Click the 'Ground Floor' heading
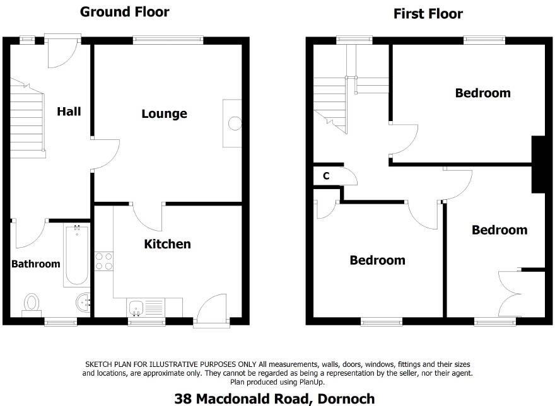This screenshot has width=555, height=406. pyautogui.click(x=124, y=12)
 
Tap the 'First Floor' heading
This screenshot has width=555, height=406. pyautogui.click(x=428, y=14)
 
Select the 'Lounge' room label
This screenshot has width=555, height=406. pyautogui.click(x=164, y=114)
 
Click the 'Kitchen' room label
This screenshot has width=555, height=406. pyautogui.click(x=167, y=244)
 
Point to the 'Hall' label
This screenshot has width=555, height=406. pyautogui.click(x=69, y=112)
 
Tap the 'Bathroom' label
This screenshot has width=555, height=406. pyautogui.click(x=36, y=264)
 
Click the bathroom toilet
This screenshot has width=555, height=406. pyautogui.click(x=31, y=304)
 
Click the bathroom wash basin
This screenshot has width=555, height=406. pyautogui.click(x=83, y=304)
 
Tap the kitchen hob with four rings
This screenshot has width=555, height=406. pyautogui.click(x=103, y=261)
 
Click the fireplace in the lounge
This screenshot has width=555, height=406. pyautogui.click(x=233, y=124)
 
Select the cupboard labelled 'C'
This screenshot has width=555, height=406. pyautogui.click(x=326, y=176)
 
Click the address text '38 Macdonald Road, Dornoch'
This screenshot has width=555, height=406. pyautogui.click(x=274, y=398)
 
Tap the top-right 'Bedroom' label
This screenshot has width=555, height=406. pyautogui.click(x=482, y=93)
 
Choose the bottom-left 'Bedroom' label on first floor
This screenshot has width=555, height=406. pyautogui.click(x=377, y=260)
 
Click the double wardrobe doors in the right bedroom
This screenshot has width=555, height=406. pyautogui.click(x=511, y=293)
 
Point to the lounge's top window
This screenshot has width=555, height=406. pyautogui.click(x=168, y=40)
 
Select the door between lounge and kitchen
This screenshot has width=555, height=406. pyautogui.click(x=148, y=216)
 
